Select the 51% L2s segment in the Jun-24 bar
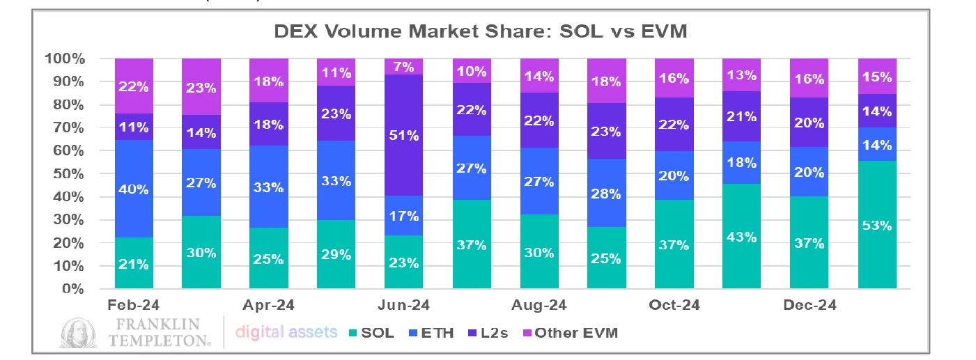click(x=404, y=135)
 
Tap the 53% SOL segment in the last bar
click(x=877, y=225)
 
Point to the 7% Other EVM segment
click(x=404, y=67)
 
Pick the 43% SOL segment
click(x=741, y=236)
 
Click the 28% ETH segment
click(x=605, y=193)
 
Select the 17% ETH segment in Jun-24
click(x=404, y=216)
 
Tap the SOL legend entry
click(x=370, y=333)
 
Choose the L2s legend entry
click(x=491, y=333)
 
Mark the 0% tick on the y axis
click(x=75, y=289)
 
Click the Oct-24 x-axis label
click(x=674, y=306)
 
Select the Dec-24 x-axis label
click(x=810, y=306)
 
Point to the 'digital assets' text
click(x=286, y=333)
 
